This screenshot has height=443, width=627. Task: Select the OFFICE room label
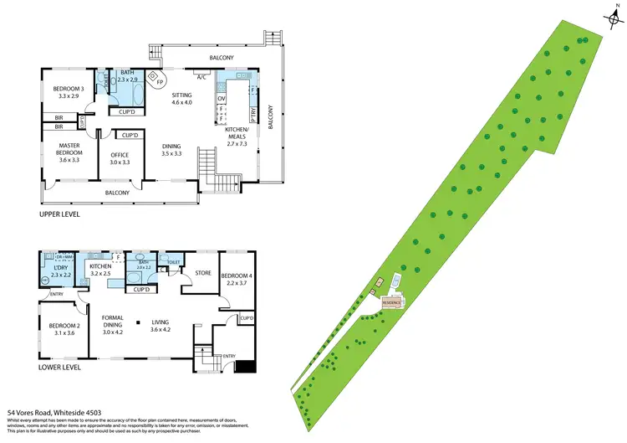tap(120, 157)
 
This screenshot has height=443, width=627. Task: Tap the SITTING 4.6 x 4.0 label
tap(181, 99)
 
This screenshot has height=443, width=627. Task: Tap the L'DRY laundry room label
tap(61, 270)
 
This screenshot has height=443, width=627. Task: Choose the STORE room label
tap(203, 272)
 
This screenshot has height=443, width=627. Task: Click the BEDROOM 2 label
tap(64, 329)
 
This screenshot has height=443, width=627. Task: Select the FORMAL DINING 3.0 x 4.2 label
tap(113, 325)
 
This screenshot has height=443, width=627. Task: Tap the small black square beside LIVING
tap(136, 321)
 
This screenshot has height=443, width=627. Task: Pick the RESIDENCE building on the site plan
tap(392, 301)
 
